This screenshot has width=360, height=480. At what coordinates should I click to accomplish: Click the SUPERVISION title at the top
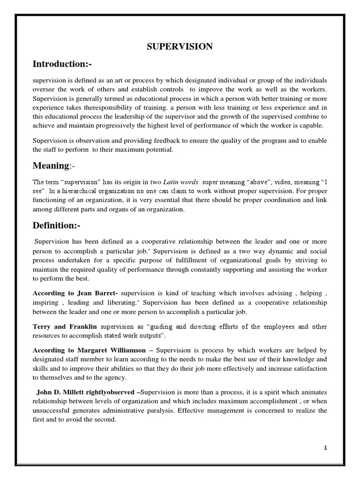tap(180, 46)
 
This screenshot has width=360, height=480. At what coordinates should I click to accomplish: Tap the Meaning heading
tap(51, 165)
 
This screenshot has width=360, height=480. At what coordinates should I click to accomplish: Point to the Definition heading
tap(56, 226)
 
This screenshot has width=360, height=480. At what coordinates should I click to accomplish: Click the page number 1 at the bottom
tap(325, 448)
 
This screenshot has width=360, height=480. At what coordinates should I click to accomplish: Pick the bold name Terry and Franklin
tap(65, 326)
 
